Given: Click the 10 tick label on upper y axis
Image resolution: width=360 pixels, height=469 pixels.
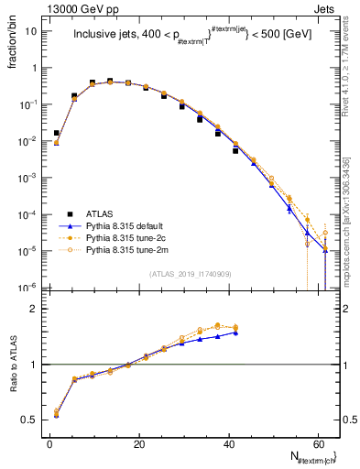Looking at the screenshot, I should [31, 30].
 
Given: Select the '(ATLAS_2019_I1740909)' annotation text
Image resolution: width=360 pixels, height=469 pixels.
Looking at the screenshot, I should [190, 272].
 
